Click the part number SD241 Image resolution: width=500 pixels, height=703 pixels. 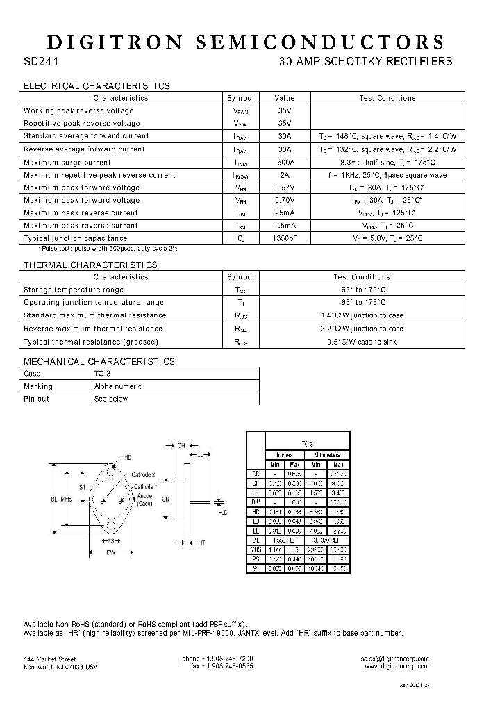pyautogui.click(x=41, y=61)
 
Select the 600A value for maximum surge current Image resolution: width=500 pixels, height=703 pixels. pyautogui.click(x=284, y=162)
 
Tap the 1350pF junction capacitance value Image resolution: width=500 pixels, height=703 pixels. pyautogui.click(x=284, y=238)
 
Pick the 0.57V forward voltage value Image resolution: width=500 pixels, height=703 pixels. pyautogui.click(x=284, y=188)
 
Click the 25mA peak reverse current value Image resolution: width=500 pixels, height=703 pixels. pyautogui.click(x=284, y=213)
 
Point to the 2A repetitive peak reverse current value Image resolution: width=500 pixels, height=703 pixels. pyautogui.click(x=284, y=175)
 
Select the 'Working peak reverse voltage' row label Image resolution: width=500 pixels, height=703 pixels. pyautogui.click(x=78, y=110)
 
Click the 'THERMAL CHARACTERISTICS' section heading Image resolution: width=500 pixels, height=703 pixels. pyautogui.click(x=90, y=265)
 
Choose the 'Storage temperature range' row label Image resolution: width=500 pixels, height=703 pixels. pyautogui.click(x=74, y=290)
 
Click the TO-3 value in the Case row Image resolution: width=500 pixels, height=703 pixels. pyautogui.click(x=101, y=373)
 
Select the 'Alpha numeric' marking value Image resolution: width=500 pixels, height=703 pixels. pyautogui.click(x=118, y=386)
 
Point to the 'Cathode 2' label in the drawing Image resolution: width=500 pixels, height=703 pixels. pyautogui.click(x=144, y=474)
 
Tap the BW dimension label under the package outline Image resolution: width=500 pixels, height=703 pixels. pyautogui.click(x=110, y=552)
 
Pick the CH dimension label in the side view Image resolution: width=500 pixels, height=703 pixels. pyautogui.click(x=181, y=445)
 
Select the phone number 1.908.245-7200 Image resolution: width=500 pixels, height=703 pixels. pyautogui.click(x=217, y=658)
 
